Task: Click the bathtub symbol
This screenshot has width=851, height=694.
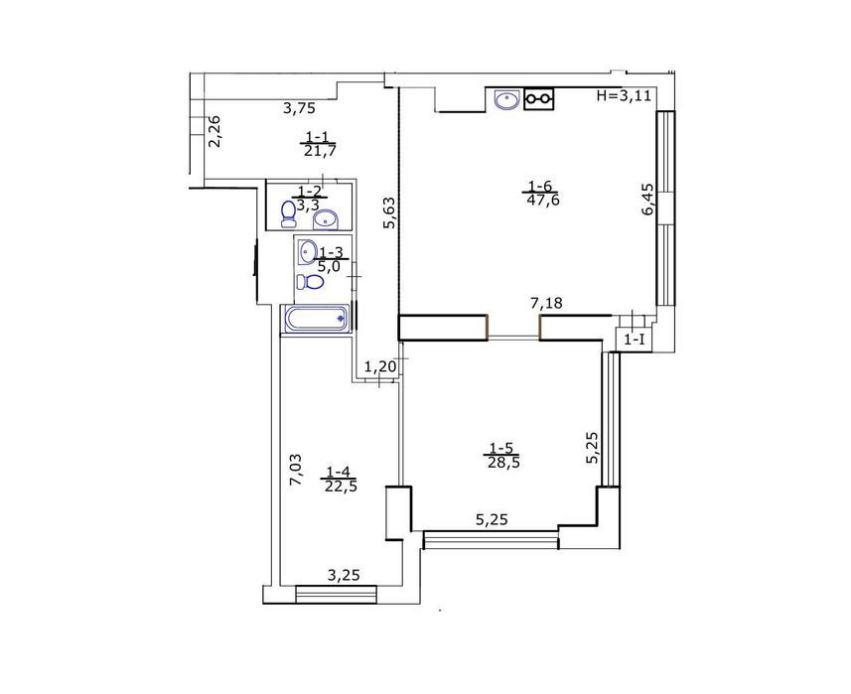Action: pos(317,319)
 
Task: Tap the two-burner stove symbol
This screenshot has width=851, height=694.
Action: pos(538,98)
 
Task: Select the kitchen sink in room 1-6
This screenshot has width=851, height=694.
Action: pos(507,99)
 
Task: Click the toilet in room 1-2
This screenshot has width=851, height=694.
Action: pos(288,213)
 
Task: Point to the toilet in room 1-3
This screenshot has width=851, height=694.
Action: pos(310,282)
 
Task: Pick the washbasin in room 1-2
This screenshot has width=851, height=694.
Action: pos(326,219)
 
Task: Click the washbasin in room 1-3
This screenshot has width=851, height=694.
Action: pos(308,250)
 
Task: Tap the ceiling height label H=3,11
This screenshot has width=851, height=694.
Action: pos(624,96)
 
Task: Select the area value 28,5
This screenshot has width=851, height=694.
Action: pos(501,463)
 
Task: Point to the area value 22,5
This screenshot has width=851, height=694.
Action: pos(341,486)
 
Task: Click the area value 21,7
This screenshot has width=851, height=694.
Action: pos(320,151)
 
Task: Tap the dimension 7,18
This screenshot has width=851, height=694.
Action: pos(546,304)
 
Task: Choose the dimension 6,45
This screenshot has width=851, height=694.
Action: pos(648,200)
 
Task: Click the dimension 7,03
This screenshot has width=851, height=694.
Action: pos(296,470)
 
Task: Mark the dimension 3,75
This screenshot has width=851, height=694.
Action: pos(299,108)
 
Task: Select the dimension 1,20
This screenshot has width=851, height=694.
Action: pos(380,367)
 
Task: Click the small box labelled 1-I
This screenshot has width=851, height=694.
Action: pos(635,341)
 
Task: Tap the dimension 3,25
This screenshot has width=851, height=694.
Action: pos(344,575)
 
